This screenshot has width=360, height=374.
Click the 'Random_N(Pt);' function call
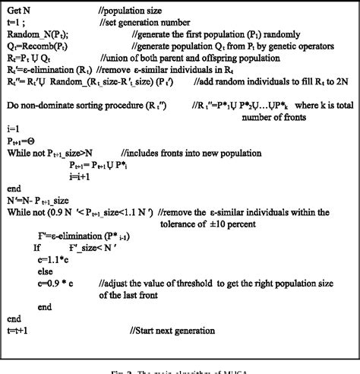38,36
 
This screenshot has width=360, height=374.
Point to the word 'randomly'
270,36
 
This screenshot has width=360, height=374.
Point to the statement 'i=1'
14,129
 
